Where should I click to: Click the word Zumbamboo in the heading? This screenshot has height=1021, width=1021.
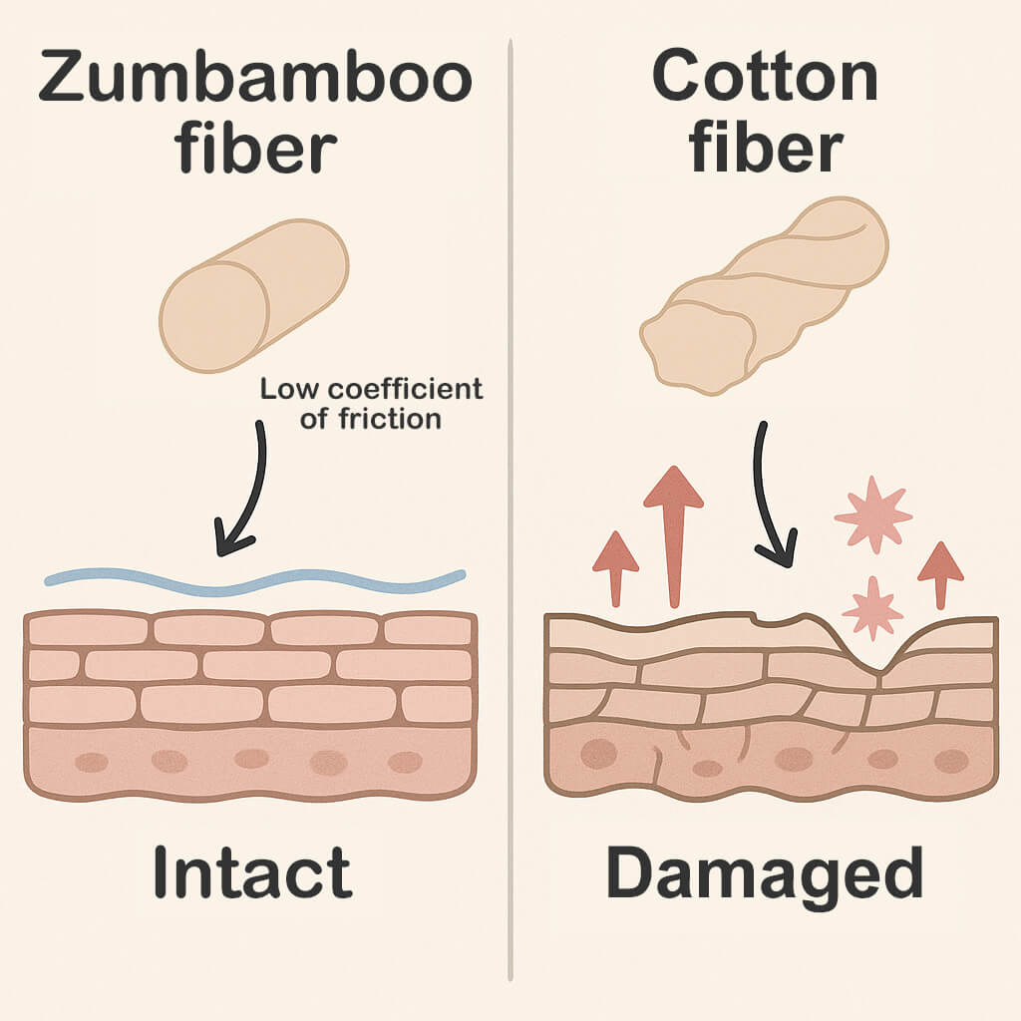point(254,80)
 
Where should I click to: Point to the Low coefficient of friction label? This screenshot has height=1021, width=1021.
point(371,403)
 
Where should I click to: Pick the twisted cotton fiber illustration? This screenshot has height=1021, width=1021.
point(763,293)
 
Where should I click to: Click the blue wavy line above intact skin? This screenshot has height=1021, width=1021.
point(254,579)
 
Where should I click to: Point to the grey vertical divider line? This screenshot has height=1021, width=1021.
point(510,499)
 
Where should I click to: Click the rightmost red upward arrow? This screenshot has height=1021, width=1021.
point(939,572)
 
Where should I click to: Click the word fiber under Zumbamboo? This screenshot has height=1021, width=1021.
point(254,151)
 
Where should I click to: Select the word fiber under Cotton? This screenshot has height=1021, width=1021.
point(765,151)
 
